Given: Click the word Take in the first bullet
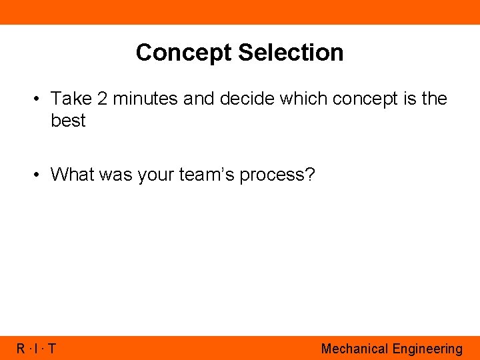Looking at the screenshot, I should (71, 99).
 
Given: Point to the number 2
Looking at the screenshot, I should (102, 99).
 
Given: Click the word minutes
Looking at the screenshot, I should (145, 99).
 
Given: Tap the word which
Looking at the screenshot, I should (303, 99).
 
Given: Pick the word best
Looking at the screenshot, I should (68, 121).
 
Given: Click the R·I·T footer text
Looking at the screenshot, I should (36, 349).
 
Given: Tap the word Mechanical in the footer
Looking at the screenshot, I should (354, 349).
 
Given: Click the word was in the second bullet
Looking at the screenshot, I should (118, 175).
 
